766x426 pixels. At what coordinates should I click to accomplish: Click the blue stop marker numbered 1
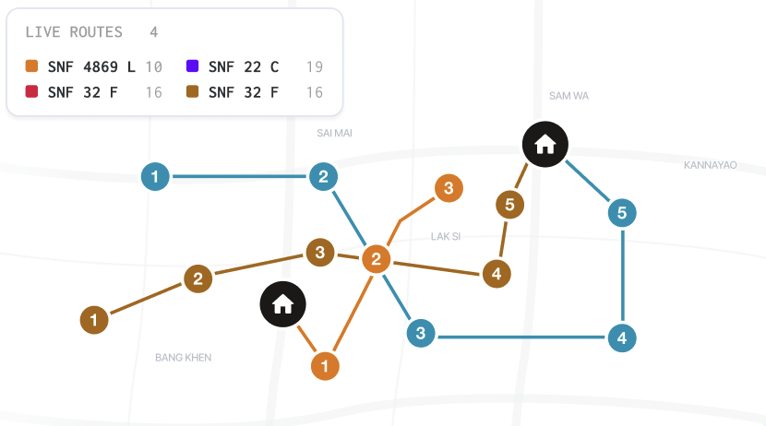pos(155,177)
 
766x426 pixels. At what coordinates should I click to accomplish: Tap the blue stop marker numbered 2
pos(323,177)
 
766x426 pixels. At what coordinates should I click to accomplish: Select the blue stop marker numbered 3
pos(421,333)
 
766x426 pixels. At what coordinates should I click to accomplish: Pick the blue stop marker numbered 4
pos(622,337)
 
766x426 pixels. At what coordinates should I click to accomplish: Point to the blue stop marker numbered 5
pos(622,213)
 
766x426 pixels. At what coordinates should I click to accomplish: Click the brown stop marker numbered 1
pos(94,320)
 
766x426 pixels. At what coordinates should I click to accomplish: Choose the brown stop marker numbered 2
pos(197,278)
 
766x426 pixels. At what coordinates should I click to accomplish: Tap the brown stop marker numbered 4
pos(497,274)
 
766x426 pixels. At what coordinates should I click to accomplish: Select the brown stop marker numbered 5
pos(509,205)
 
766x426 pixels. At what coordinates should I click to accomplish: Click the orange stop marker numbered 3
pos(449,188)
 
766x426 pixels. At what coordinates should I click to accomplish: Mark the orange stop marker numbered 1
pos(325,365)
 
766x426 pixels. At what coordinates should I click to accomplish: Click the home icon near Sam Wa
pos(545,145)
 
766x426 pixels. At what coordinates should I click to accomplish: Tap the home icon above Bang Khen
pos(282,304)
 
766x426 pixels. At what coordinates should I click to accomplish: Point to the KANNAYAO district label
pos(711,165)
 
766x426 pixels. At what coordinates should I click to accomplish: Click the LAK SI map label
pos(446,237)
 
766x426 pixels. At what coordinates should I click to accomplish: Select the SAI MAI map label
pos(334,133)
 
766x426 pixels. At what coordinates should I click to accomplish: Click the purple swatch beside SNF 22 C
pos(193,65)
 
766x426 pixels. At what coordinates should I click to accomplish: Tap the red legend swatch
pos(31,91)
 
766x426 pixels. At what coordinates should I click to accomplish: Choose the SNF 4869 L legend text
pos(91,67)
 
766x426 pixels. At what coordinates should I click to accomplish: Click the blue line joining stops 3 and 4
pos(521,337)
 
